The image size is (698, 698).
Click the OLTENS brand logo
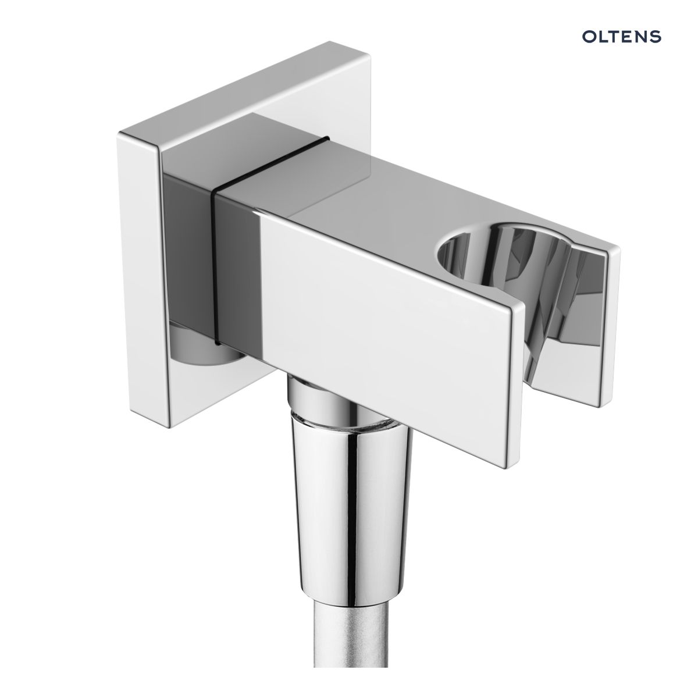tap(621, 37)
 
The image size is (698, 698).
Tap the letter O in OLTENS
tap(589, 37)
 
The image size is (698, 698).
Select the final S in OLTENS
tap(656, 37)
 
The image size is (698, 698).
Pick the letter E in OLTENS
tap(628, 37)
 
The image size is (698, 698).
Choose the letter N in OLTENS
tap(642, 37)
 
